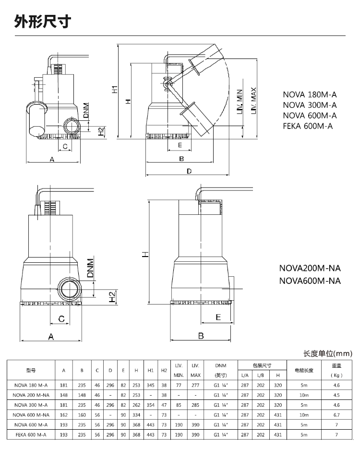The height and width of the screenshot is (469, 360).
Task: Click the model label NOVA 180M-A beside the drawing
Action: [310, 94]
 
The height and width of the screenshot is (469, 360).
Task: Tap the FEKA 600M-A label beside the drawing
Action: [308, 126]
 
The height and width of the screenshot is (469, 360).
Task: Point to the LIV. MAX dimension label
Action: [253, 100]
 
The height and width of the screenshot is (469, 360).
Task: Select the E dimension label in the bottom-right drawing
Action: [218, 317]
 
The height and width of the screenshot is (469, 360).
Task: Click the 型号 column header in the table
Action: [31, 370]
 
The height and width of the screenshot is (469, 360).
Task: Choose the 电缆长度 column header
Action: [303, 370]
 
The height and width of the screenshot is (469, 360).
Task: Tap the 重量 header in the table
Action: [336, 365]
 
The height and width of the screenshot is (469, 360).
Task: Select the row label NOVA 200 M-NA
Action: [31, 395]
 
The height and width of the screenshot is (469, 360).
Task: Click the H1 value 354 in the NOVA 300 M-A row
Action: [150, 405]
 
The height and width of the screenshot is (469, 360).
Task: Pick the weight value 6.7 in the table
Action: [336, 415]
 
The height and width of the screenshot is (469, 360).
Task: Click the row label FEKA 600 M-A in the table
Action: [31, 435]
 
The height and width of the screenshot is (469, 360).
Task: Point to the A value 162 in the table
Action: [64, 415]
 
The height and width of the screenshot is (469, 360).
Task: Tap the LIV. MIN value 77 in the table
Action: [179, 385]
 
